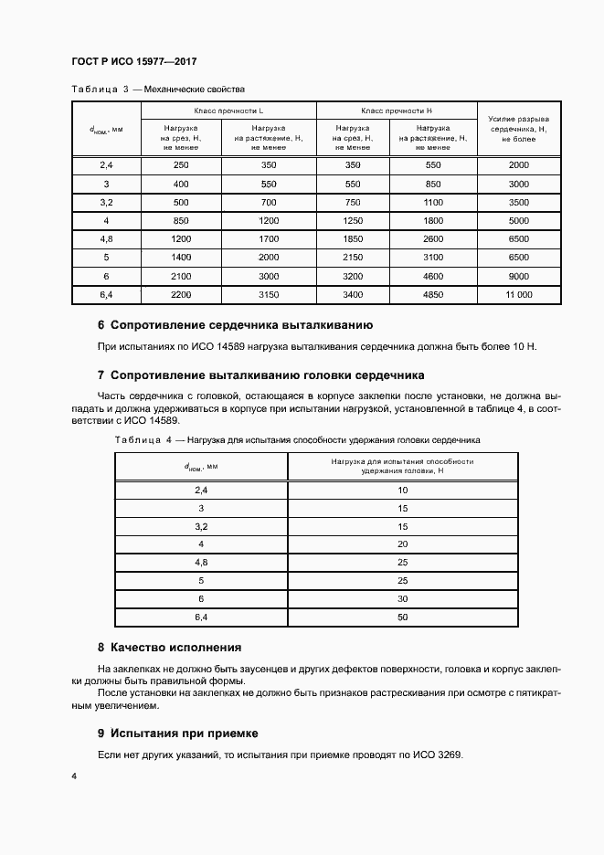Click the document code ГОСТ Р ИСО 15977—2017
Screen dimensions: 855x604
coord(134,61)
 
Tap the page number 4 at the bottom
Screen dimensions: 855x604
coord(74,776)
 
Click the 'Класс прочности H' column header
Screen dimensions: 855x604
coord(397,110)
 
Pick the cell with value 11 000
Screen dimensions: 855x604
coord(518,295)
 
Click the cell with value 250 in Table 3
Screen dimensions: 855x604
coord(180,164)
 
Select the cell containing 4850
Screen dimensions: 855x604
coord(433,295)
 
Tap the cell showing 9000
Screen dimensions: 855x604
coord(518,276)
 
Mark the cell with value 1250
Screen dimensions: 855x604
coord(353,220)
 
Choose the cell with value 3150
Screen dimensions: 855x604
coord(269,295)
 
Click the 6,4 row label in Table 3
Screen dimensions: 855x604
coord(105,295)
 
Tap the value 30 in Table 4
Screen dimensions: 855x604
coord(403,598)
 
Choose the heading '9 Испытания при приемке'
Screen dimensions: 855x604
coord(178,733)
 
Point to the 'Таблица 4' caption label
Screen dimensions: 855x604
coord(143,440)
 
